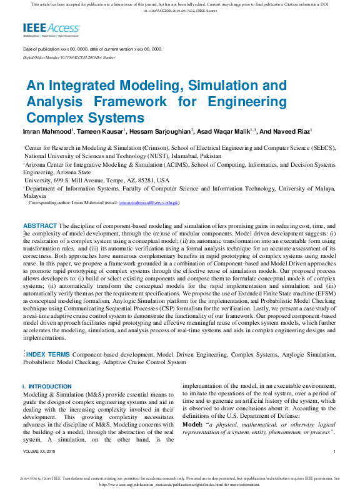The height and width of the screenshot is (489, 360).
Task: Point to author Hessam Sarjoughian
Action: pyautogui.click(x=161, y=132)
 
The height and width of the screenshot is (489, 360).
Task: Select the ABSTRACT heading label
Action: pyautogui.click(x=40, y=225)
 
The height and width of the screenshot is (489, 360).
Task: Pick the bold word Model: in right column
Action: pyautogui.click(x=192, y=424)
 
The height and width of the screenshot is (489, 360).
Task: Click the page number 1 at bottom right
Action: pyautogui.click(x=335, y=451)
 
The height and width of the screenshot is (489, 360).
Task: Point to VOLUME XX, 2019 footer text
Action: pyautogui.click(x=39, y=451)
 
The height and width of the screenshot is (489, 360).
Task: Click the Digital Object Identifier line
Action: pyautogui.click(x=69, y=57)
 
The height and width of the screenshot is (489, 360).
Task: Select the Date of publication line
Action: pyautogui.click(x=92, y=49)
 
